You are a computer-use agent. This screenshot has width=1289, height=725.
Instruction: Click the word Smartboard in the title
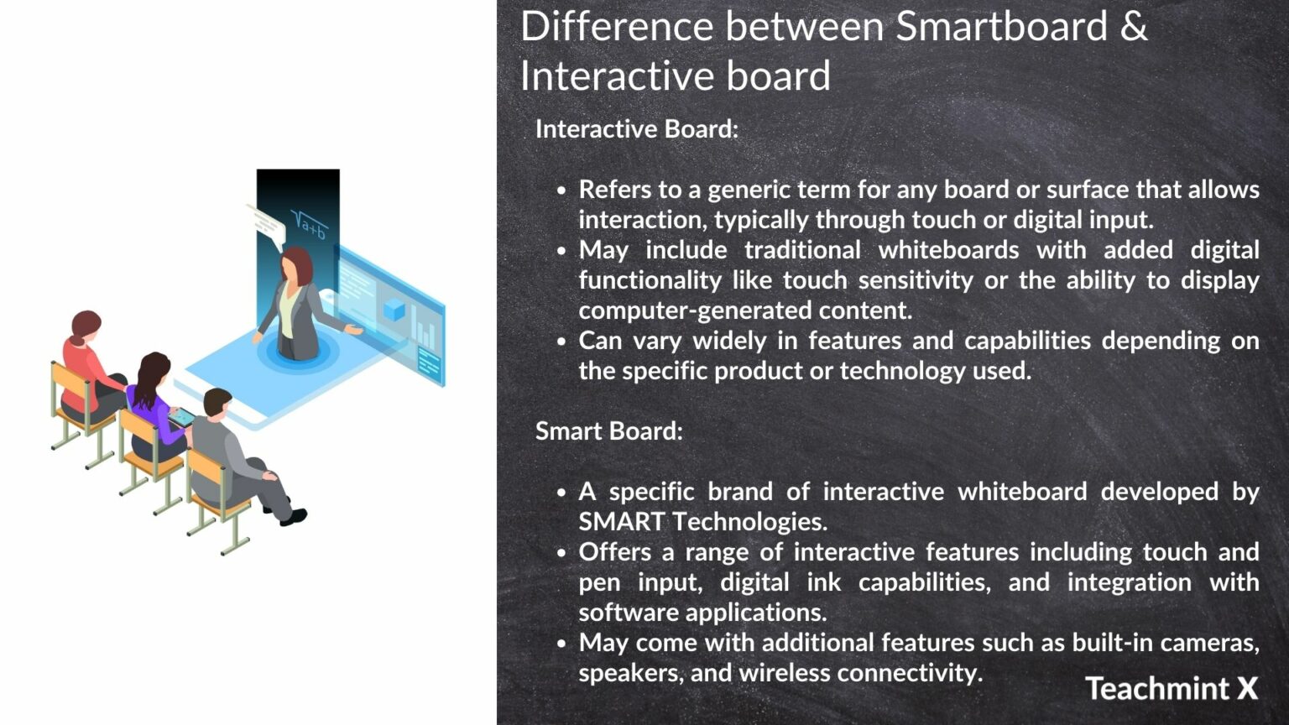pyautogui.click(x=1000, y=27)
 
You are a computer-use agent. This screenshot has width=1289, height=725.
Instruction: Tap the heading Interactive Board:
pyautogui.click(x=636, y=129)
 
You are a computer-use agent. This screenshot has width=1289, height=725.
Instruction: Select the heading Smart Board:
pyautogui.click(x=608, y=431)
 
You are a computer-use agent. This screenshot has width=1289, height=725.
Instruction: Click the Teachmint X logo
pyautogui.click(x=1172, y=689)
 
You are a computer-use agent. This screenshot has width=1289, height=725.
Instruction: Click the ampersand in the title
pyautogui.click(x=1133, y=27)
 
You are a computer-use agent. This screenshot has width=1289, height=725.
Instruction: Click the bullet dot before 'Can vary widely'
pyautogui.click(x=561, y=342)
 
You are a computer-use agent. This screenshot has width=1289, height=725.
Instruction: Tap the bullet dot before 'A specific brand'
pyautogui.click(x=561, y=493)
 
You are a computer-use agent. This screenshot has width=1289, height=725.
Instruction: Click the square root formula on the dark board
pyautogui.click(x=308, y=224)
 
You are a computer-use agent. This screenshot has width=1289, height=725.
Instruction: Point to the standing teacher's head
pyautogui.click(x=296, y=265)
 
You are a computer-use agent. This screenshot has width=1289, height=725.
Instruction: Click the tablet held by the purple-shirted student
pyautogui.click(x=181, y=417)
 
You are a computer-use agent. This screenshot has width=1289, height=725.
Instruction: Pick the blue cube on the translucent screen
pyautogui.click(x=394, y=310)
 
